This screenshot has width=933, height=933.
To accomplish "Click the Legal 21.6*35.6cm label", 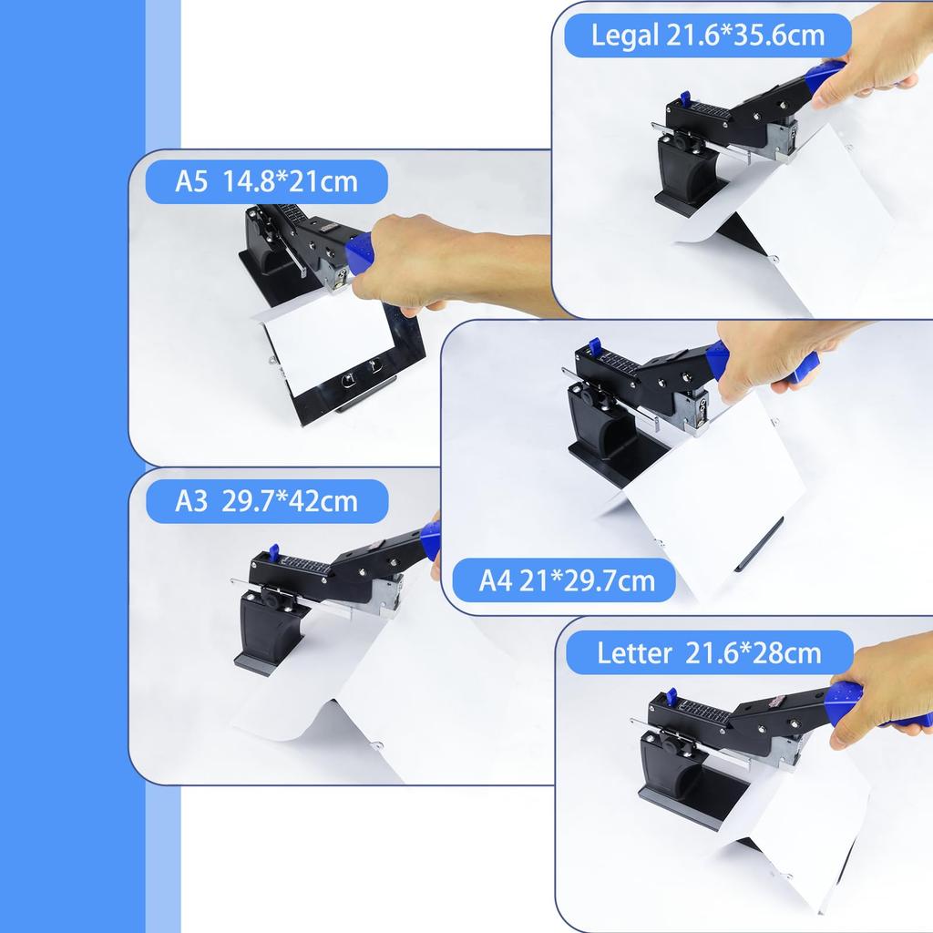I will (708, 36).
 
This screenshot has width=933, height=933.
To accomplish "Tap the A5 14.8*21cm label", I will (267, 181).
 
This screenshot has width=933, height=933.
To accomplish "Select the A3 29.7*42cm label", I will (267, 500).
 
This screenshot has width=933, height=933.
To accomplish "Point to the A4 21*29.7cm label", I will (567, 580).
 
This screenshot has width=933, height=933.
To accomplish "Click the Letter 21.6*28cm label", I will (709, 652).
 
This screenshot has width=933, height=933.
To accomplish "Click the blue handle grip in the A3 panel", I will (430, 539).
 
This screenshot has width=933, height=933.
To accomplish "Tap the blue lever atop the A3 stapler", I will (272, 552).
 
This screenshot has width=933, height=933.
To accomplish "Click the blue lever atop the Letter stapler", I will (671, 696).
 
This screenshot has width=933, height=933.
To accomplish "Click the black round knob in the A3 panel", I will (271, 597).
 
